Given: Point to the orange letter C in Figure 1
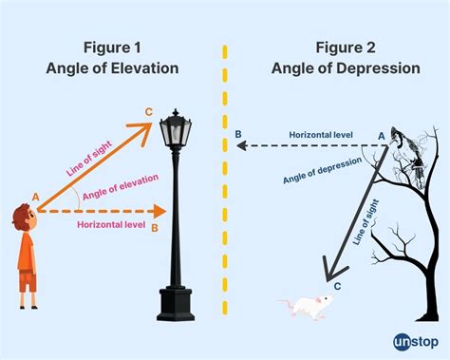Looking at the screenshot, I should [148, 113].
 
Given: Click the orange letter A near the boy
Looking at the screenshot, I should [36, 197].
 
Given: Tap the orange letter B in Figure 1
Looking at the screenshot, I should [155, 227].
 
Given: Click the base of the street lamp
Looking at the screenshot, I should [177, 302].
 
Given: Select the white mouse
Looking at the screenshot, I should [307, 305].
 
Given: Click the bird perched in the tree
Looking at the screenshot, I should [403, 152].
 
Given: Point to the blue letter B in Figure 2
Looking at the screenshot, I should [237, 135].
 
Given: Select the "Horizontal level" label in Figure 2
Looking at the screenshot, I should [322, 136].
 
